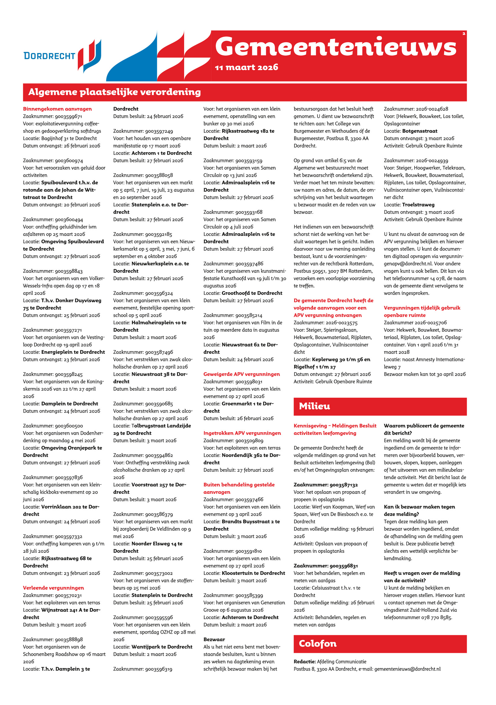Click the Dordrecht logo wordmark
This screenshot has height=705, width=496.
pyautogui.click(x=49, y=56)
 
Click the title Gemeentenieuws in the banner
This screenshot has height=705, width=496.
pyautogui.click(x=335, y=47)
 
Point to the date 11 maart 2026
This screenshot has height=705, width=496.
pyautogui.click(x=246, y=67)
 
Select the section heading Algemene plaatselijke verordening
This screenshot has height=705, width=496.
pyautogui.click(x=114, y=92)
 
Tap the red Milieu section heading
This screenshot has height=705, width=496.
pyautogui.click(x=314, y=406)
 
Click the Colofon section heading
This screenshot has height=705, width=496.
pyautogui.click(x=317, y=644)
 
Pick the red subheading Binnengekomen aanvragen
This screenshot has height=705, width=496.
pyautogui.click(x=57, y=109)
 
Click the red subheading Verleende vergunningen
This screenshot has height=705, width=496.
pyautogui.click(x=53, y=588)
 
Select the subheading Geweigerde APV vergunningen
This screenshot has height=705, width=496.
pyautogui.click(x=241, y=374)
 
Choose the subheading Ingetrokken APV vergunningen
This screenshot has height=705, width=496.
pyautogui.click(x=242, y=433)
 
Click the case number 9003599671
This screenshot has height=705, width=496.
pyautogui.click(x=69, y=116)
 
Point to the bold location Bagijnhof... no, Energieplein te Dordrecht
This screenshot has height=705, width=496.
pyautogui.click(x=73, y=352)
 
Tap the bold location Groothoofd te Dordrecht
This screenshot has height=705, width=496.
pyautogui.click(x=252, y=293)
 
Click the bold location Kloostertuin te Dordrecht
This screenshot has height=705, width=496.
pyautogui.click(x=253, y=573)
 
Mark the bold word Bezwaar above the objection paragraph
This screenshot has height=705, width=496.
pyautogui.click(x=214, y=639)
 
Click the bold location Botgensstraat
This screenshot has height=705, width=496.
pyautogui.click(x=420, y=131)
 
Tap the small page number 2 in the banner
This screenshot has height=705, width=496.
pyautogui.click(x=464, y=33)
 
